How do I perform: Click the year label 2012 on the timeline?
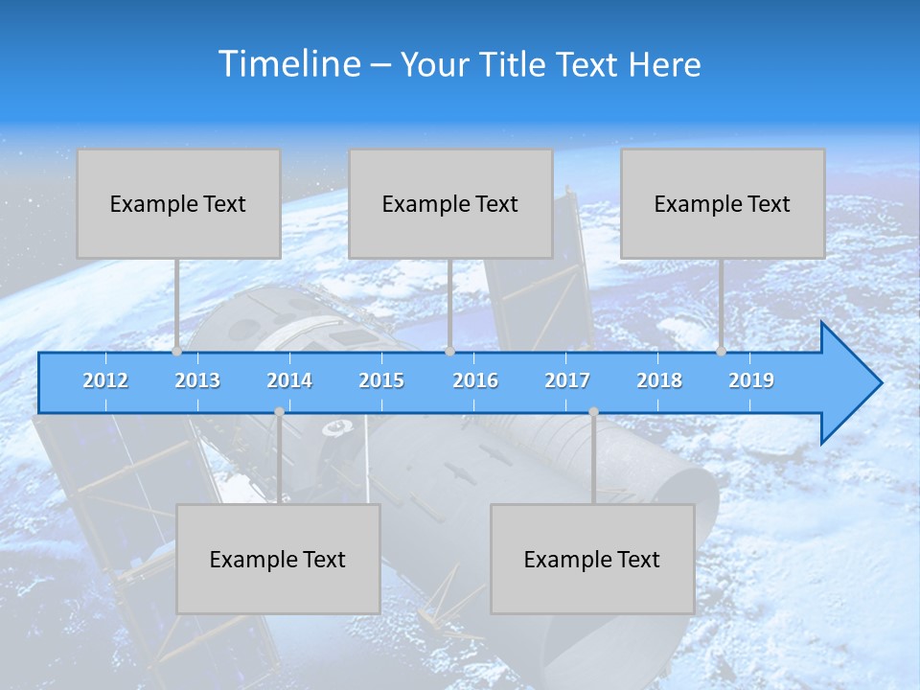click(x=105, y=380)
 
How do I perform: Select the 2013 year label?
click(x=197, y=380)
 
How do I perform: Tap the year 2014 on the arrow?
click(x=289, y=380)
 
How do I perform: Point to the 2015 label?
click(x=381, y=380)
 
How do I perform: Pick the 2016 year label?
click(x=475, y=380)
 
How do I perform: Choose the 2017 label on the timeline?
click(x=567, y=380)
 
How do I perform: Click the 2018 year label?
click(x=659, y=380)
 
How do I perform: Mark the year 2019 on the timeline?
click(x=751, y=380)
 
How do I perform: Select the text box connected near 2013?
click(x=178, y=203)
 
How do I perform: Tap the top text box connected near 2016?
click(x=450, y=203)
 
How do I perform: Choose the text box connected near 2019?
click(x=723, y=203)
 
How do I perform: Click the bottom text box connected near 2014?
click(x=278, y=559)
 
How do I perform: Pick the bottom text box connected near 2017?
click(x=592, y=559)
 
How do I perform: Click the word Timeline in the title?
click(x=289, y=64)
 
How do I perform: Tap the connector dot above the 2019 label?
click(x=722, y=351)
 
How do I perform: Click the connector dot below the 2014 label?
click(x=279, y=412)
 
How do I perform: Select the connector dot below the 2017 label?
click(x=593, y=412)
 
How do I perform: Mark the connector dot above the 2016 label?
click(x=449, y=351)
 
